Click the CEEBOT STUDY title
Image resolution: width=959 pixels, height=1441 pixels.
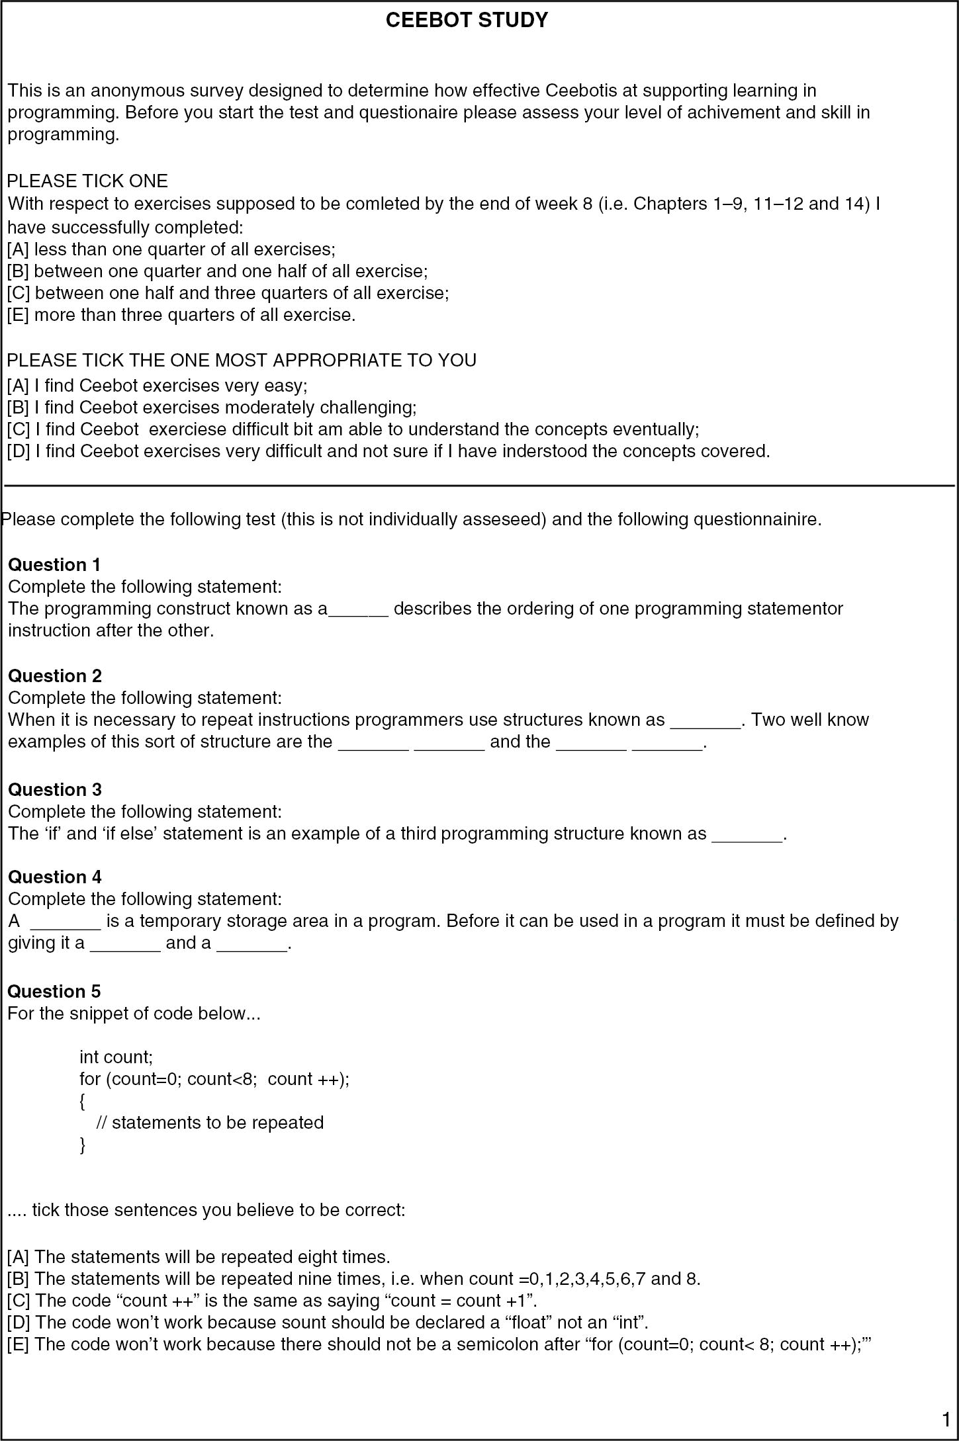(467, 21)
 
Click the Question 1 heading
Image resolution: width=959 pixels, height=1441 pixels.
(54, 564)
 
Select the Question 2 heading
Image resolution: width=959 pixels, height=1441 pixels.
(55, 676)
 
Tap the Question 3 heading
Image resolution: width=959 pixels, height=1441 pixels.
(55, 789)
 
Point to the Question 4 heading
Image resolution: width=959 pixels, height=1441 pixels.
(55, 877)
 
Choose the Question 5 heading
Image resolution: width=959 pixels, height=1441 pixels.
(54, 991)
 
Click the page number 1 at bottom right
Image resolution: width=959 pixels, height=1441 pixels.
(946, 1419)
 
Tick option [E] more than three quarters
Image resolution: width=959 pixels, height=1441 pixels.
(18, 315)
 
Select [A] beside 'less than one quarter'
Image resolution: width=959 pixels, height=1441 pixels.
(18, 249)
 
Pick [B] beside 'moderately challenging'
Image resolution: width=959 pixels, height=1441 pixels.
(18, 407)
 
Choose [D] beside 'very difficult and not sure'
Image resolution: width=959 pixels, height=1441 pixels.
(18, 451)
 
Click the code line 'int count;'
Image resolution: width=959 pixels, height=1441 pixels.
(116, 1057)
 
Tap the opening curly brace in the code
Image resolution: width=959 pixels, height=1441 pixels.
(82, 1101)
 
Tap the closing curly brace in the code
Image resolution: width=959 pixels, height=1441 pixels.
(82, 1145)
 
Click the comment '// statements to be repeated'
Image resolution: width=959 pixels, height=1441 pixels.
(210, 1123)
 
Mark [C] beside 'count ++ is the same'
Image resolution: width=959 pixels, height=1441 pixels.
(19, 1300)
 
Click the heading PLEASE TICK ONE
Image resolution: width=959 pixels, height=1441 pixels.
(87, 181)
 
